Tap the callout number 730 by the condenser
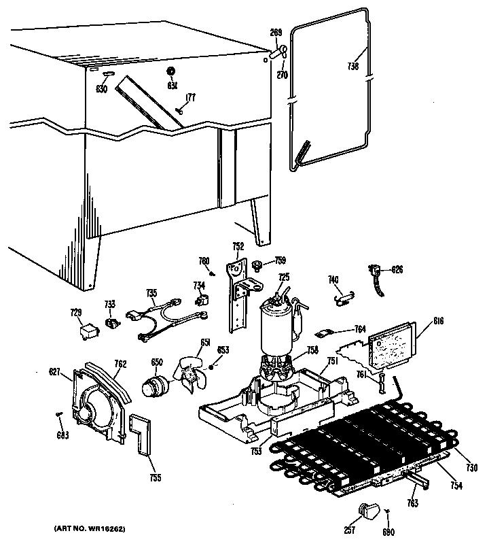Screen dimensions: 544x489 [x=473, y=468]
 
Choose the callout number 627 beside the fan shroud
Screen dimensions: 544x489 [x=54, y=371]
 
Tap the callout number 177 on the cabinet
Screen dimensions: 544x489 [x=191, y=97]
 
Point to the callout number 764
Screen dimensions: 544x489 [x=360, y=328]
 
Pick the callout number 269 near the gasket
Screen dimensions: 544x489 [x=276, y=31]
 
